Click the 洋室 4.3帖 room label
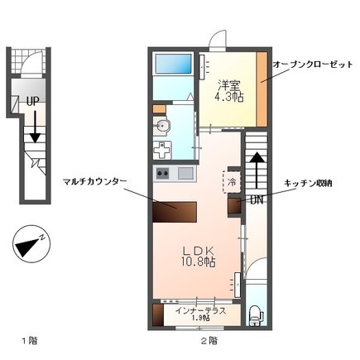click(228, 89)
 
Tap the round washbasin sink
click(163, 126)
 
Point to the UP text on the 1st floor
click(32, 101)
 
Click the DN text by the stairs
click(257, 199)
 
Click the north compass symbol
click(30, 246)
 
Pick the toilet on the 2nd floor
click(256, 314)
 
